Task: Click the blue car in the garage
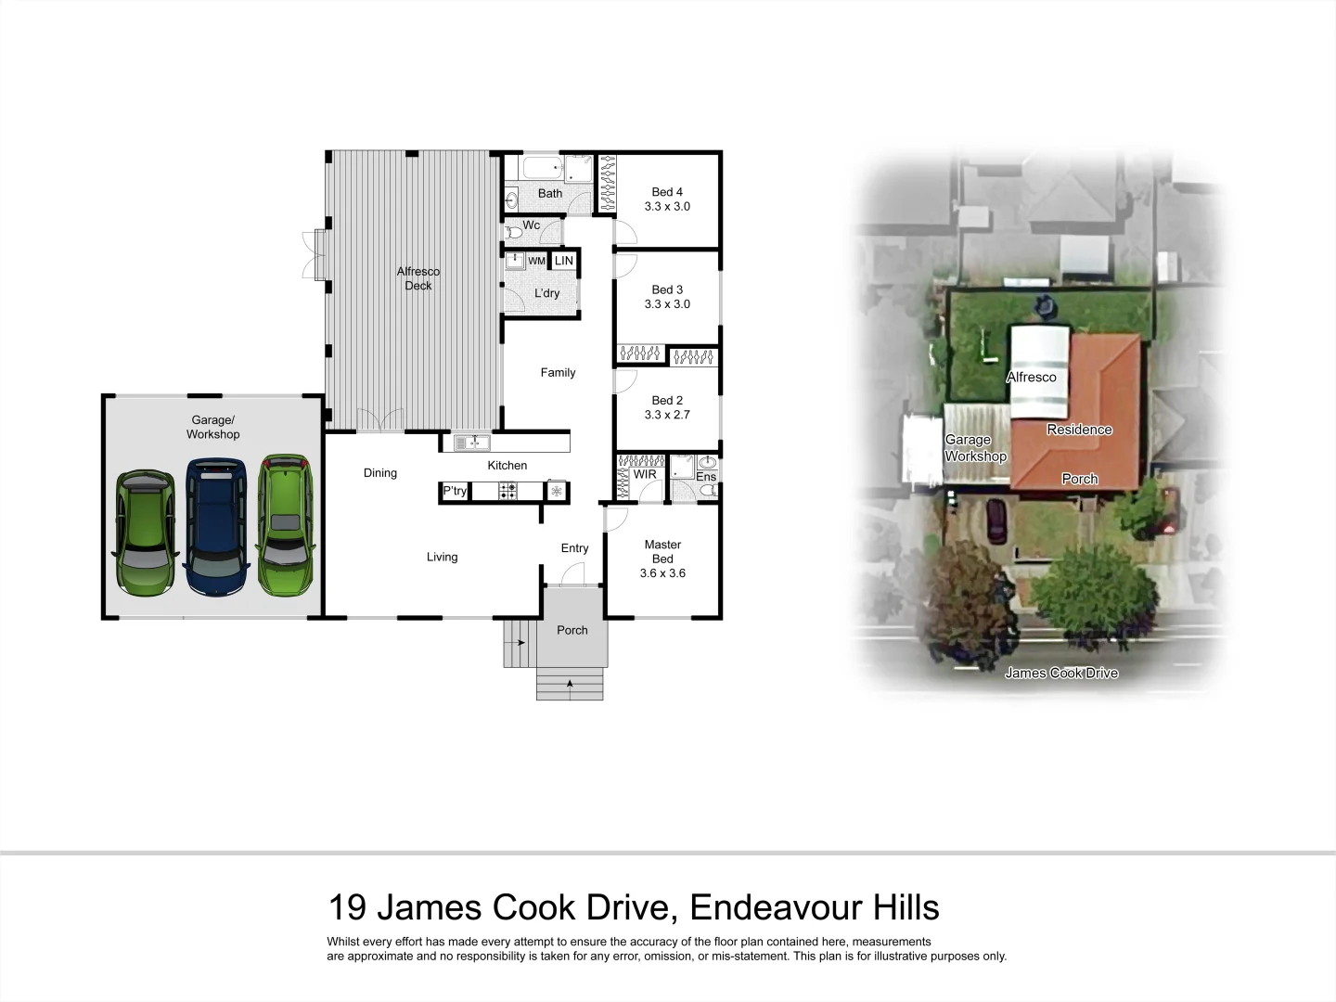click(217, 527)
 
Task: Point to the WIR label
click(645, 475)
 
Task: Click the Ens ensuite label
click(706, 477)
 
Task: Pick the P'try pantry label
click(455, 491)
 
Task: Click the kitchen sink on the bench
click(472, 443)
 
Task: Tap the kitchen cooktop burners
click(507, 491)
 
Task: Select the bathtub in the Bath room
click(542, 168)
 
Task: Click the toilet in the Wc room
click(513, 231)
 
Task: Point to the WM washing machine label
click(536, 262)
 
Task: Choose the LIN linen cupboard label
click(564, 261)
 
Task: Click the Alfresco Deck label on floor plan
click(418, 278)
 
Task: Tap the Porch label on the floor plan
click(572, 630)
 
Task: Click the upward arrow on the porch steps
click(570, 685)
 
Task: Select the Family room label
click(558, 372)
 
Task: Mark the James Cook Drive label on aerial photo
click(1061, 673)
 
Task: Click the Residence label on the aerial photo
click(1079, 430)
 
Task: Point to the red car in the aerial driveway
click(996, 520)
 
